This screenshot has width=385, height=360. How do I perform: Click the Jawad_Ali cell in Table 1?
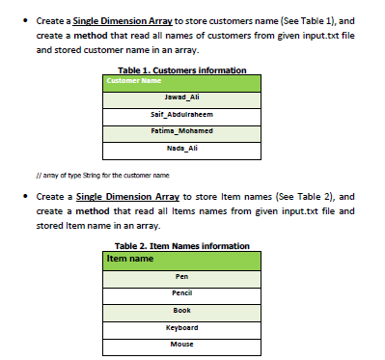[x=181, y=97]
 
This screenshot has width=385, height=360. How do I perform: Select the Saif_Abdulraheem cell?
[x=181, y=114]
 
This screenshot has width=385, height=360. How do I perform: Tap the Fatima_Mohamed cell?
[x=181, y=130]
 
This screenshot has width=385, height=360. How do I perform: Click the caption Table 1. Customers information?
[x=181, y=69]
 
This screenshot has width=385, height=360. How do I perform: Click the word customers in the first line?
[x=261, y=20]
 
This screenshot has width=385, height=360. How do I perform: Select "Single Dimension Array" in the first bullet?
[x=117, y=20]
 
